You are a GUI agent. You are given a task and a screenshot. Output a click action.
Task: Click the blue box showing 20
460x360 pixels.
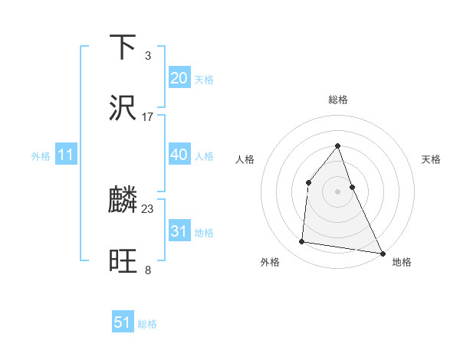point(179,78)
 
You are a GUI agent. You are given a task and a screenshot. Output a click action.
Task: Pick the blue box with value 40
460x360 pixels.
point(179,155)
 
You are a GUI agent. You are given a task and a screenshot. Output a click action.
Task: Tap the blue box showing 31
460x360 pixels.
point(179,231)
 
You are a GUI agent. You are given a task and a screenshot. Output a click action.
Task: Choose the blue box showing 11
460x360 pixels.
point(66,155)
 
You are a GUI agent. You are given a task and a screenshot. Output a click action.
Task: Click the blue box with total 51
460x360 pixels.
point(123,322)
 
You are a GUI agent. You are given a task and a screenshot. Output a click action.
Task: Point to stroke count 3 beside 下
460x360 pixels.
point(147,56)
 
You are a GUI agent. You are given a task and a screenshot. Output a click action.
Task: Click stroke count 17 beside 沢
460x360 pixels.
point(148,117)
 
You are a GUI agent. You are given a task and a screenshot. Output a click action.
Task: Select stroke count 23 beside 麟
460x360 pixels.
point(148,208)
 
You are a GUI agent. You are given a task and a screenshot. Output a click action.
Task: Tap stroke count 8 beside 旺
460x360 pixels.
point(147,270)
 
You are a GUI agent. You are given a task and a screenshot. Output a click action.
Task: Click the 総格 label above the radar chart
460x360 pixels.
point(338,100)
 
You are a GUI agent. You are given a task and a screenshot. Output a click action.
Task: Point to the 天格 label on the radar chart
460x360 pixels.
point(431,159)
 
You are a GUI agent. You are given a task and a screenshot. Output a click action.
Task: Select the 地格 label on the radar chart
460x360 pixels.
point(402,262)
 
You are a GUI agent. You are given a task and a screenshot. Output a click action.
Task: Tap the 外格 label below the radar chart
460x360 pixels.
point(270,262)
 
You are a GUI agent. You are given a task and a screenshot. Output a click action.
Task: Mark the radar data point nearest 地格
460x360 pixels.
point(383,253)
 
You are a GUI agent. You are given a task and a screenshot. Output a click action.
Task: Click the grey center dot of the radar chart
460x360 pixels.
point(338,191)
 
